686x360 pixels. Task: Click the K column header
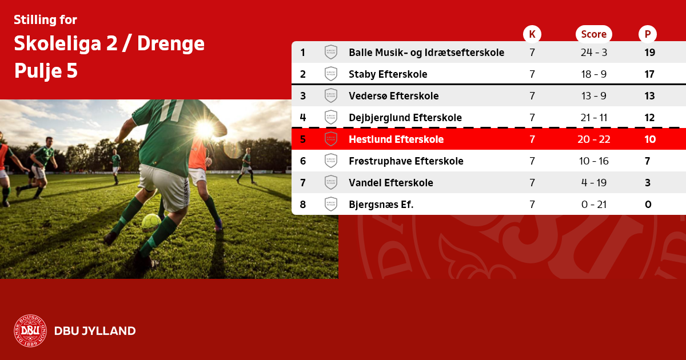click(x=532, y=34)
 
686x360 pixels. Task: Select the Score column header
click(x=594, y=34)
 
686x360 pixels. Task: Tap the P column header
click(x=647, y=34)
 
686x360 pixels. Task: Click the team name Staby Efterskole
click(x=388, y=74)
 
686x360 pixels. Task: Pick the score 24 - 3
click(x=594, y=53)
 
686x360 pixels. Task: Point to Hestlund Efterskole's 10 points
click(x=650, y=139)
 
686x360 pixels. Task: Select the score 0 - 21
click(x=594, y=204)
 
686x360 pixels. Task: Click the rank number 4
click(x=303, y=118)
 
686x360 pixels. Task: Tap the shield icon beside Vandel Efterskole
click(x=331, y=182)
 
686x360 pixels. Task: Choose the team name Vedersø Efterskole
click(x=393, y=96)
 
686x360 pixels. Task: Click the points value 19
click(x=649, y=53)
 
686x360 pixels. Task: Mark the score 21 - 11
click(x=594, y=118)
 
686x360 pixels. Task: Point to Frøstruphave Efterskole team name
click(x=406, y=161)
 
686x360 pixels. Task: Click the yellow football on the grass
click(x=151, y=222)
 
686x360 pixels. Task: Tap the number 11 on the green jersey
click(x=171, y=110)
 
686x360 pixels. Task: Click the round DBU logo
click(x=30, y=331)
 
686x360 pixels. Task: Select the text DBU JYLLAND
click(x=95, y=331)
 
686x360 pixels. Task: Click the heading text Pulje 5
click(x=46, y=71)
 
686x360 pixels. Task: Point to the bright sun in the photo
click(x=204, y=129)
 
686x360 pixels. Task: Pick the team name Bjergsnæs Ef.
click(x=381, y=205)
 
